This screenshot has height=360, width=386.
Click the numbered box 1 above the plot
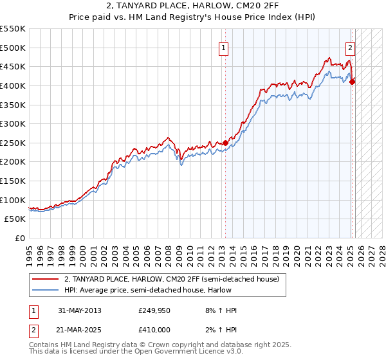223,47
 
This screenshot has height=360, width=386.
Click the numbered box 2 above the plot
351,47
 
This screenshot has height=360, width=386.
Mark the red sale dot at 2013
225,143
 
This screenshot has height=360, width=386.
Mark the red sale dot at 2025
353,82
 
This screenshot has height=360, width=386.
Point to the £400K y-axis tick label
13,85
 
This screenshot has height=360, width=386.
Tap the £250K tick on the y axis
13,143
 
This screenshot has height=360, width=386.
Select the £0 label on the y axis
21,238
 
